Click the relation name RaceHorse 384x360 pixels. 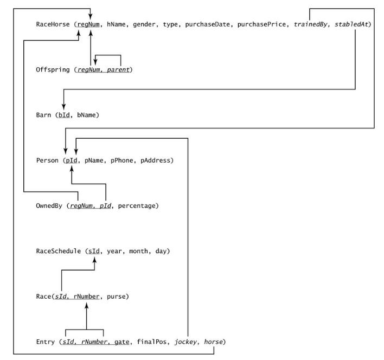point(54,24)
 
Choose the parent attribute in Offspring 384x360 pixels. point(120,70)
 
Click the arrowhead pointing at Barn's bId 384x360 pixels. point(64,107)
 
